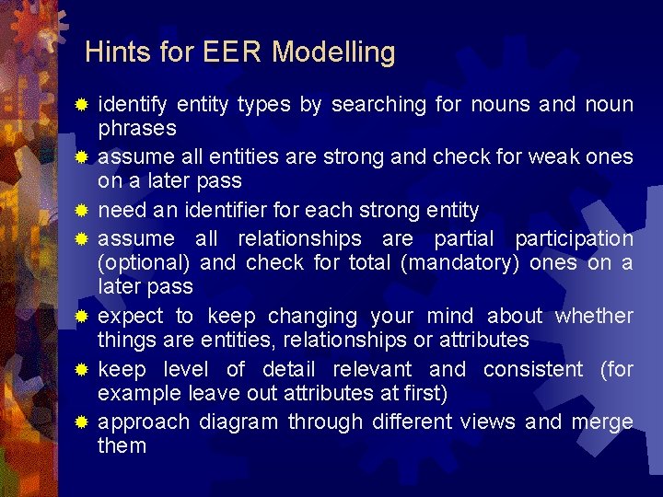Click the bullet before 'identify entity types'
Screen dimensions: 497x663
81,105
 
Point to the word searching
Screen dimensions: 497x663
378,105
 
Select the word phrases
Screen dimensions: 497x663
137,128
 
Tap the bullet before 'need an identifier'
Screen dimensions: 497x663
81,211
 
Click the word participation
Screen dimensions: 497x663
574,239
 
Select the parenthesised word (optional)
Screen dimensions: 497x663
145,263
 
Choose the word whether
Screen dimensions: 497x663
594,317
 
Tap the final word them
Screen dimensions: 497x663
122,446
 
